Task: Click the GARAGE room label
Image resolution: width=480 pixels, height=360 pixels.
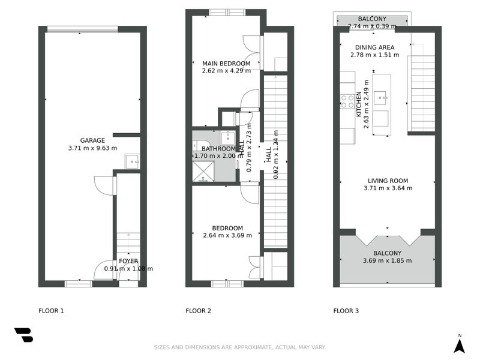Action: [x=92, y=140]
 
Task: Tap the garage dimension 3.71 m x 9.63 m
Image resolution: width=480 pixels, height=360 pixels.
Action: [x=92, y=148]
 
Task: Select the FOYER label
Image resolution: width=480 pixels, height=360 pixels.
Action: [x=128, y=261]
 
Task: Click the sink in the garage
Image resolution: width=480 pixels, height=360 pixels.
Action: [x=132, y=160]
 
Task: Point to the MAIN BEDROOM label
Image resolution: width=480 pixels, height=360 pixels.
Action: [x=226, y=64]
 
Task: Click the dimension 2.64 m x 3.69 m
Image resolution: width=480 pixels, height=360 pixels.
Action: [x=227, y=235]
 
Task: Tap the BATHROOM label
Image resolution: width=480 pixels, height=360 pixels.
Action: [x=218, y=149]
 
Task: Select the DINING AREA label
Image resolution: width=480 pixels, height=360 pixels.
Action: [x=374, y=47]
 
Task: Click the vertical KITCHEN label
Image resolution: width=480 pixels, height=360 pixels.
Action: [x=359, y=103]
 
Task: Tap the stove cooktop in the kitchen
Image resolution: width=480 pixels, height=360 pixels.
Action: [x=347, y=101]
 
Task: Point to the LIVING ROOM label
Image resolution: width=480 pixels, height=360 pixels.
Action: [x=388, y=181]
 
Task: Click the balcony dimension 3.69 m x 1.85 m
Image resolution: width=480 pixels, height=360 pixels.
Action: [x=388, y=261]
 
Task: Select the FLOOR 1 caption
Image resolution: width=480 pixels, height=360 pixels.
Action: [x=51, y=311]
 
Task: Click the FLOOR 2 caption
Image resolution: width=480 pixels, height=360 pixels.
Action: [x=199, y=311]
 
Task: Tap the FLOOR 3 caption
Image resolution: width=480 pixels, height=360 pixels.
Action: [x=346, y=311]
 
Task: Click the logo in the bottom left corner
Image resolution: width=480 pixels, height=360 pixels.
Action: [x=23, y=335]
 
